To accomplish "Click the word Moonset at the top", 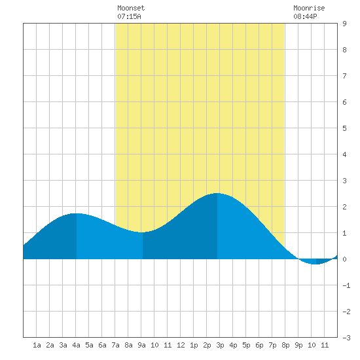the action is click(131, 8).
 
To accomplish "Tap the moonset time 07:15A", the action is click(129, 16).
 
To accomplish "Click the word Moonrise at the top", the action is click(309, 8).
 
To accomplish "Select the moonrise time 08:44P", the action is click(305, 16).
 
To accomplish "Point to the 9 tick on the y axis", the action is click(344, 24).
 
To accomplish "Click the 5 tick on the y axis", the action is click(344, 128).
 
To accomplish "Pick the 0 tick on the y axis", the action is click(344, 259).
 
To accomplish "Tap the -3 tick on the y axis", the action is click(346, 338).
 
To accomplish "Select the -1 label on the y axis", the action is click(346, 285).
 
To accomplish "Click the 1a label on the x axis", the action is click(37, 345).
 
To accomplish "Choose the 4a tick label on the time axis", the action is click(76, 345).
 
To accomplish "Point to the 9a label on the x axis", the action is click(141, 345).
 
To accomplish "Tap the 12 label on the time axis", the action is click(181, 345).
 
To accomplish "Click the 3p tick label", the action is click(220, 345).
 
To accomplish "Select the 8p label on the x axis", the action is click(285, 345).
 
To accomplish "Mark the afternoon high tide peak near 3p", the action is click(217, 193).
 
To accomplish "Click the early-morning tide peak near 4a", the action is click(77, 213).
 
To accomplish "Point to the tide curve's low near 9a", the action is click(142, 232).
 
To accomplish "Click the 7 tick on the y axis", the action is click(344, 76).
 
